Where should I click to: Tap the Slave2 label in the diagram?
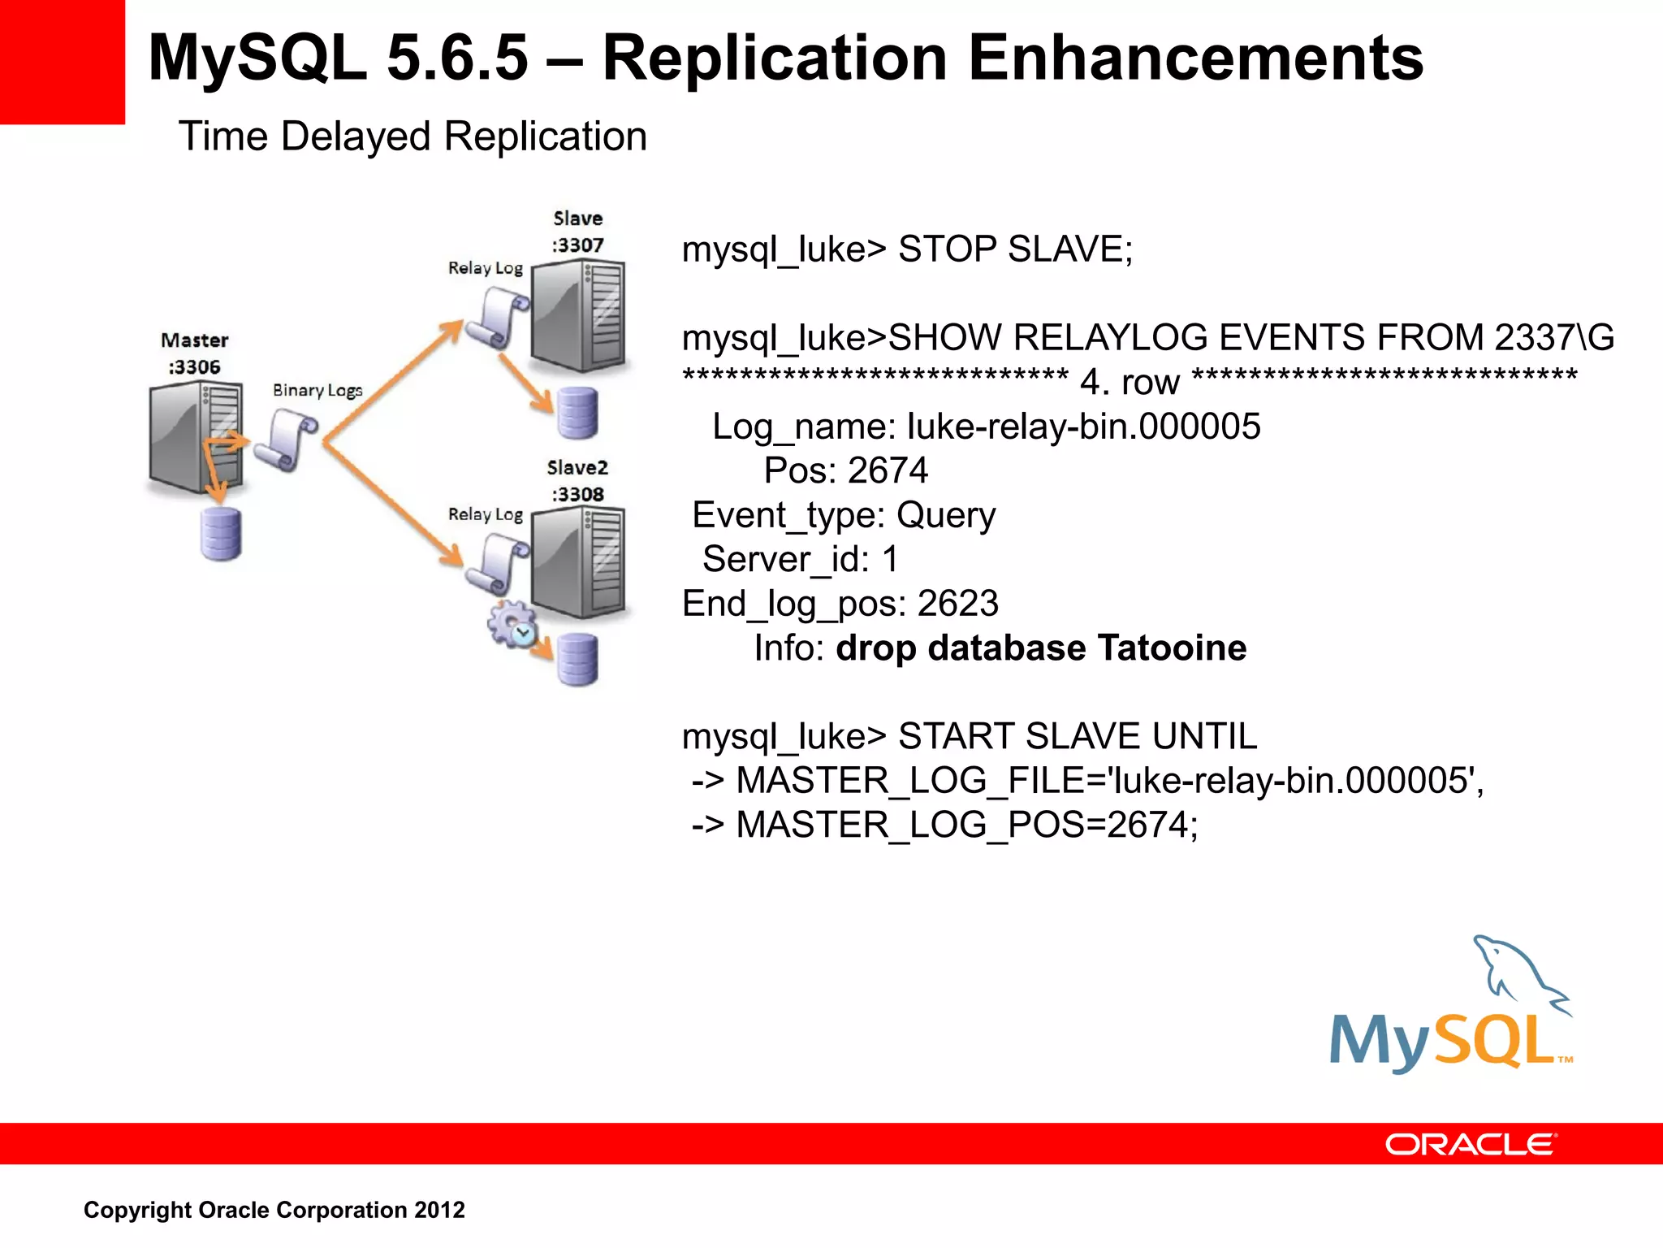pos(577,468)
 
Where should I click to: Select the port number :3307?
pos(578,245)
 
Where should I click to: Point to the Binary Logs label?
pos(317,391)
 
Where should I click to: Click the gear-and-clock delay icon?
pos(512,625)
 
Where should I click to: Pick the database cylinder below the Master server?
pos(221,534)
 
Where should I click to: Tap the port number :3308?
pos(578,495)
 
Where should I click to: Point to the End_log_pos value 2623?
pos(958,604)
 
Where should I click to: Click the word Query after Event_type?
pos(946,516)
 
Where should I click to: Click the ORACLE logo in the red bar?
pos(1471,1145)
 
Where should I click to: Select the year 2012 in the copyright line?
pos(439,1210)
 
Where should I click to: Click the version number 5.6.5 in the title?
pos(457,58)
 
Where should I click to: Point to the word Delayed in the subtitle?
pos(356,136)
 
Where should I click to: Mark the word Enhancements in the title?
pos(1196,58)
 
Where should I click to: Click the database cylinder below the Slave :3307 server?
pos(577,413)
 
